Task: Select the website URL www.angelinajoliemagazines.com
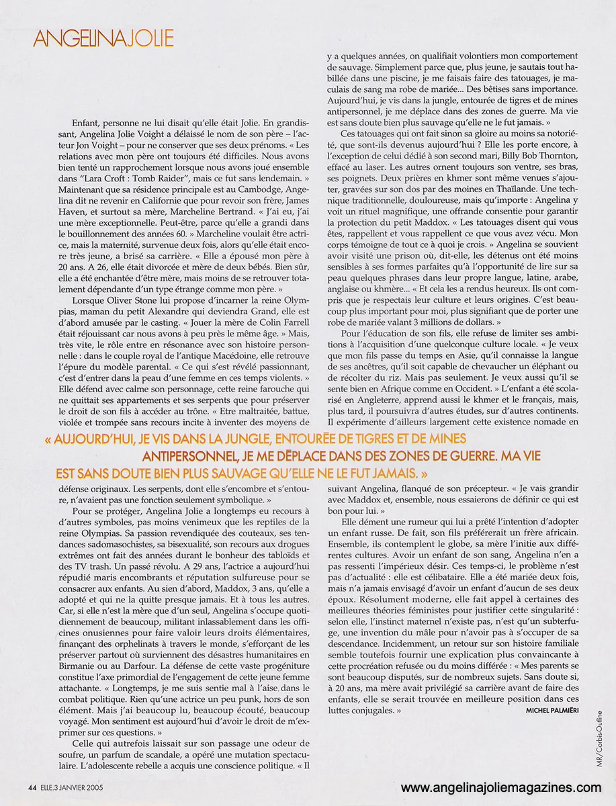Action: pos(501,788)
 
